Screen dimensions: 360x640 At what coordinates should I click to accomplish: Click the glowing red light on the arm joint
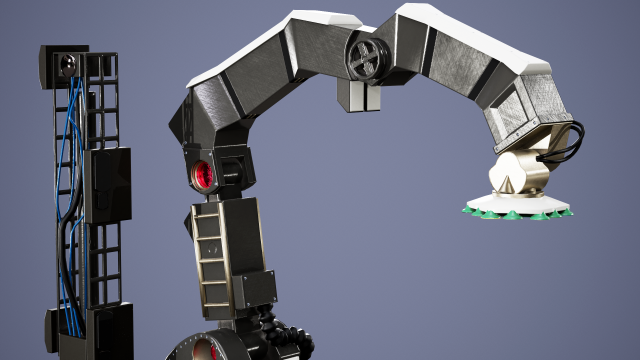(x=202, y=176)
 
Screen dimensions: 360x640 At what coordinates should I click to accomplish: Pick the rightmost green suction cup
(x=566, y=209)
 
